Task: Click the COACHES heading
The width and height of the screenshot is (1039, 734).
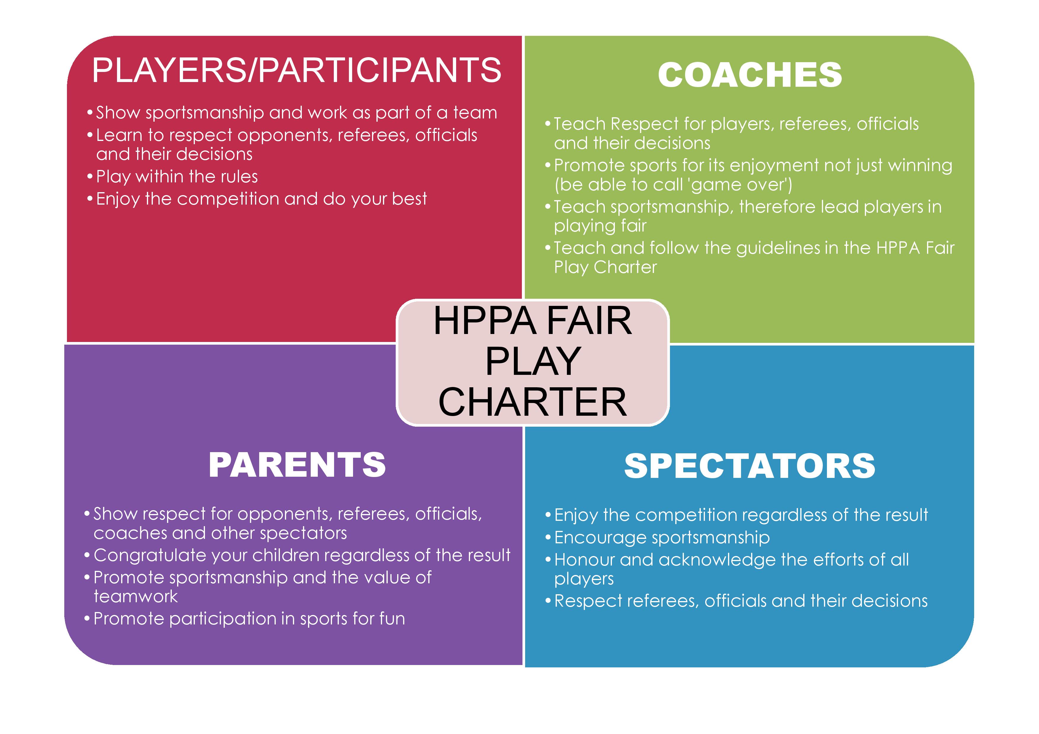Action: point(750,75)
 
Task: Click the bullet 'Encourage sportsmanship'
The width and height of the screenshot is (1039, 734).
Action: point(658,538)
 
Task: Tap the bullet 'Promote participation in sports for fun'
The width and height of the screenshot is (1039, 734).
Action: point(245,619)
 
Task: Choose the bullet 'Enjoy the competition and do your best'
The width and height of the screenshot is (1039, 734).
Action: point(257,199)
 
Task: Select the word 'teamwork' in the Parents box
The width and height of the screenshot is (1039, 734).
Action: point(136,597)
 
